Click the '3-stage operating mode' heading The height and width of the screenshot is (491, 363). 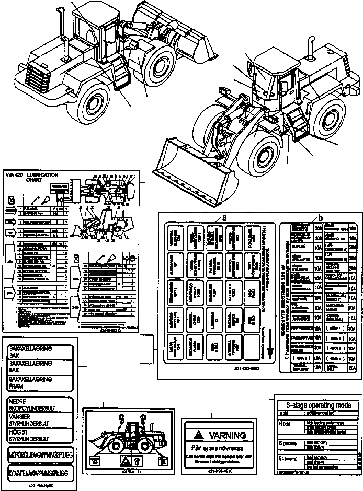(x=315, y=404)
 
